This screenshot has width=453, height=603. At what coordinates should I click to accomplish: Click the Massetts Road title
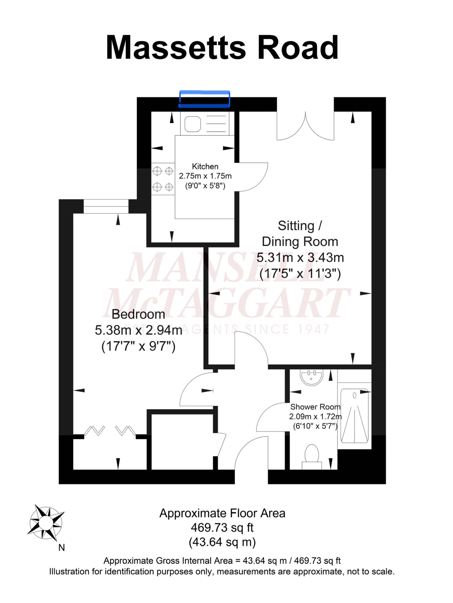[x=222, y=47]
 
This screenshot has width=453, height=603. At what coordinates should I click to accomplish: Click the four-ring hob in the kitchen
[x=163, y=179]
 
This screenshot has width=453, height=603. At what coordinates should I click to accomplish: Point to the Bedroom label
[x=138, y=314]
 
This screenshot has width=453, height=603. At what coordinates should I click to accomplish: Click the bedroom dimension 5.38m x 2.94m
[x=138, y=330]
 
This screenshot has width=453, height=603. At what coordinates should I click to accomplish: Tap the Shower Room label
[x=315, y=407]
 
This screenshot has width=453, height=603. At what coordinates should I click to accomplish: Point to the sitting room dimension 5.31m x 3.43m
[x=300, y=257]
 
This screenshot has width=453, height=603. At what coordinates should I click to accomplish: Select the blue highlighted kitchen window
[x=204, y=99]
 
